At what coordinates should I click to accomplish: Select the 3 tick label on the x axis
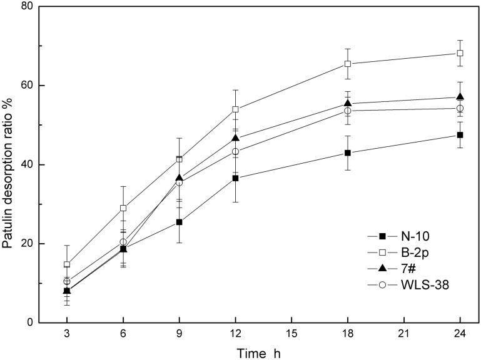pyautogui.click(x=66, y=334)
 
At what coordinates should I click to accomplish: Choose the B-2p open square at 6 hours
pyautogui.click(x=123, y=207)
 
